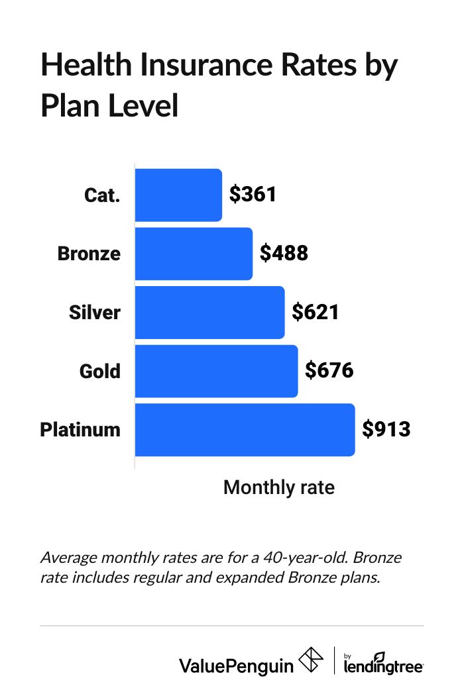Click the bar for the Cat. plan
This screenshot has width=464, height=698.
pos(178,195)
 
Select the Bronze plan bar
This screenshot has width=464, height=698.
pos(194,254)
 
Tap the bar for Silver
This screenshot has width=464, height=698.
pos(209,312)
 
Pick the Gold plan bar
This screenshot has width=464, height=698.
pos(216,371)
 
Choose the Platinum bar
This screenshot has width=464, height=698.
pos(245,429)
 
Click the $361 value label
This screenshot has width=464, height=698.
pos(253,195)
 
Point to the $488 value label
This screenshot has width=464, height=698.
pos(284,254)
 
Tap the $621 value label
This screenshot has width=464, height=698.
pos(316,312)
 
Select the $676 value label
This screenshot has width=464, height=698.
pos(329,371)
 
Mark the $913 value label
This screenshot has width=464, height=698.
pos(386,429)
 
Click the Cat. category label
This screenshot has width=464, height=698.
pos(103,195)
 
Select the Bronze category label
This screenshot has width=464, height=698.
pos(89,254)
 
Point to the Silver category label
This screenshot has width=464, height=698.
pos(95,312)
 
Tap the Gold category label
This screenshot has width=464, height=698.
pos(100,371)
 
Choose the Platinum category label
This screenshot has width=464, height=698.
pos(80,429)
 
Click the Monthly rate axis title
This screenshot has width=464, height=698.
pos(278,488)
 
